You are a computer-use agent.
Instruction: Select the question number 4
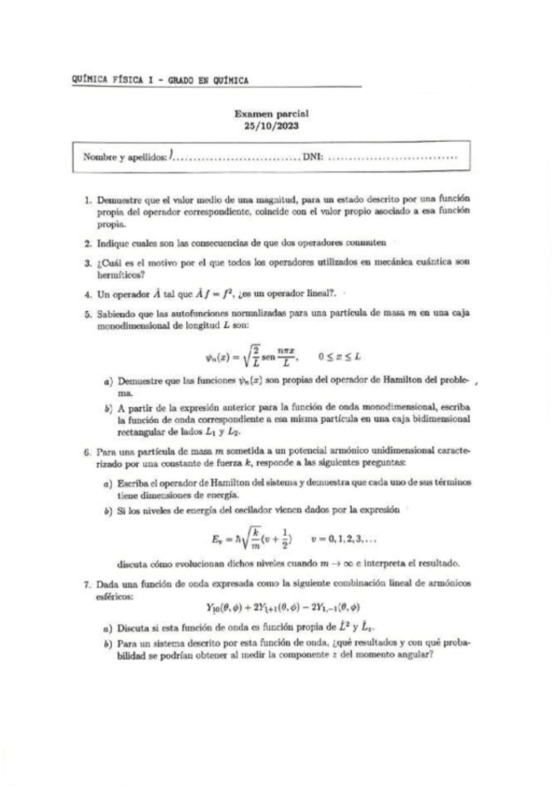point(87,291)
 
